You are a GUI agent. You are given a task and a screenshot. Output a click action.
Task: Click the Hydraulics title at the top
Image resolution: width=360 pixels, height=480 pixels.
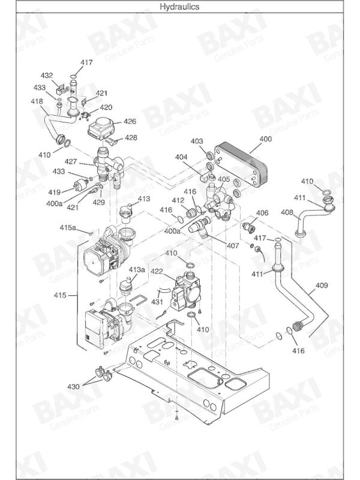coord(180,7)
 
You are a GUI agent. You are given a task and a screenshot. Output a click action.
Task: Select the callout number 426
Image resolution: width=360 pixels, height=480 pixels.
coord(130,121)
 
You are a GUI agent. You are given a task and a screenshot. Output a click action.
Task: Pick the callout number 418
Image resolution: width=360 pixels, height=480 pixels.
coord(37,101)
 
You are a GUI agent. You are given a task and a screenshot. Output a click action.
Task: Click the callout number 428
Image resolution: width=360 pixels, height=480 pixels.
coord(130,137)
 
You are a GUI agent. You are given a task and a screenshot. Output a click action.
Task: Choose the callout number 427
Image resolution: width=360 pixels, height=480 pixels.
coord(71,161)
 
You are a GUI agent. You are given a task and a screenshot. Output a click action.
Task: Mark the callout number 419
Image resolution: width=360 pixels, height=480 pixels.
coord(55,192)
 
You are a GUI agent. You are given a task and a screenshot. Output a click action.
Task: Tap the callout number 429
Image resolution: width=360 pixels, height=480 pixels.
coord(98,202)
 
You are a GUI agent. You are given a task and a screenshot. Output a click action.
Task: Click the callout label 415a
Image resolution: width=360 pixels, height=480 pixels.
coord(68,228)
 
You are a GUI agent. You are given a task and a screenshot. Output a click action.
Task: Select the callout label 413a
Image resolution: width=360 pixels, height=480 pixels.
coord(137,270)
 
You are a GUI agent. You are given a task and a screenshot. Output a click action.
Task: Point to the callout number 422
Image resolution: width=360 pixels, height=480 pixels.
coord(157,271)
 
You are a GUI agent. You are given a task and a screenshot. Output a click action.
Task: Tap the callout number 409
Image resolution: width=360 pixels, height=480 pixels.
coord(322,286)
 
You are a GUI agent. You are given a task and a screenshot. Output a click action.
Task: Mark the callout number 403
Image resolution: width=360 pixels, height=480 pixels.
coord(197,141)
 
